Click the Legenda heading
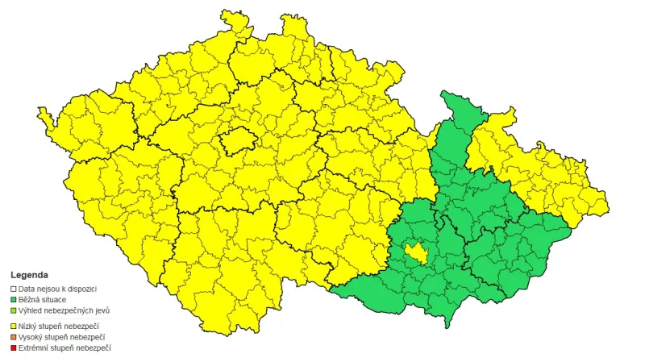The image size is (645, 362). click(29, 275)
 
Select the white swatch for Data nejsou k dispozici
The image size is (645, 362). click(13, 288)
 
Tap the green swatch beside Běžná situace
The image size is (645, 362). click(13, 299)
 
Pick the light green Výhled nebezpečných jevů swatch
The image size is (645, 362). click(13, 310)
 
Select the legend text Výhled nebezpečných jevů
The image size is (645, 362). click(64, 310)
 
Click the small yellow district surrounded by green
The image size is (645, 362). click(417, 253)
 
